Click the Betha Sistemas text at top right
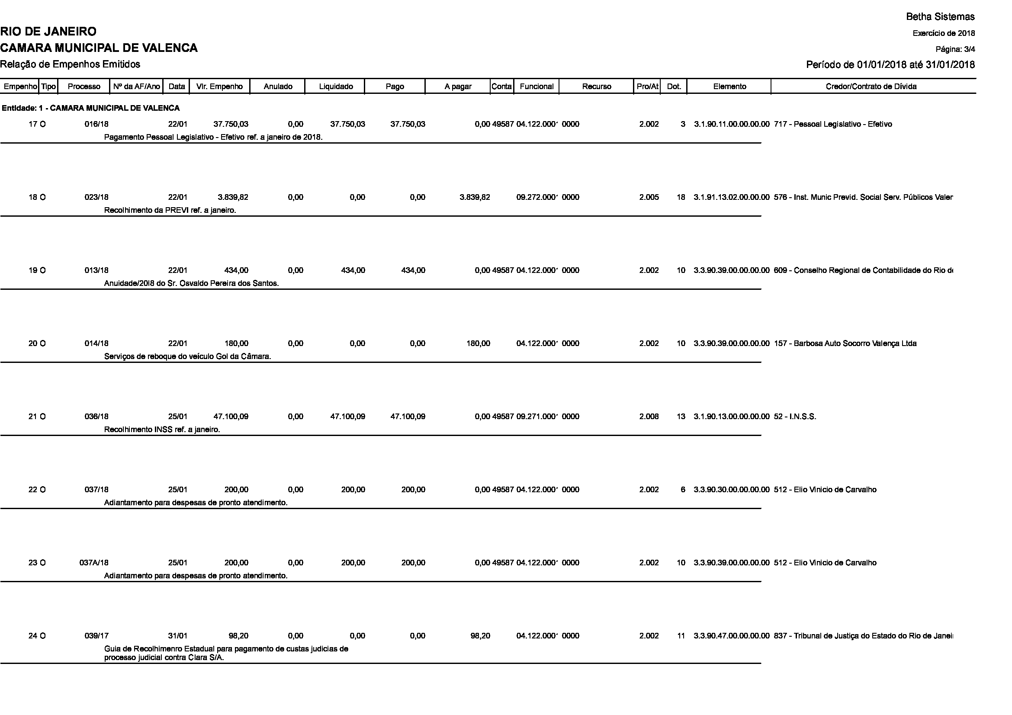(x=940, y=17)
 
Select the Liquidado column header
(x=336, y=87)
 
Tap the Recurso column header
(x=596, y=87)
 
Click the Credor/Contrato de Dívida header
(x=871, y=87)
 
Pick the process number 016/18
(x=96, y=124)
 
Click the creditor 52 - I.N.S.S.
(x=795, y=416)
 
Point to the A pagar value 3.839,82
(x=474, y=197)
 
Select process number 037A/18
(x=94, y=563)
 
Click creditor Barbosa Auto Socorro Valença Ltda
(x=845, y=343)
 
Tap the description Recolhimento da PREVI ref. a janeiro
(x=170, y=210)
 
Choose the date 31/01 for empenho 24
(x=178, y=636)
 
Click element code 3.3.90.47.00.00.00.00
(x=732, y=636)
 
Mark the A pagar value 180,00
(x=478, y=343)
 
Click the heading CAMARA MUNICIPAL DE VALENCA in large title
(x=99, y=48)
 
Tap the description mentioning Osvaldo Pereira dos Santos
(x=191, y=283)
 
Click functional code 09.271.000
(x=537, y=416)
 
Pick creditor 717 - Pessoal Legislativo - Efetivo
(x=832, y=124)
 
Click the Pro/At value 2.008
(x=649, y=416)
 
